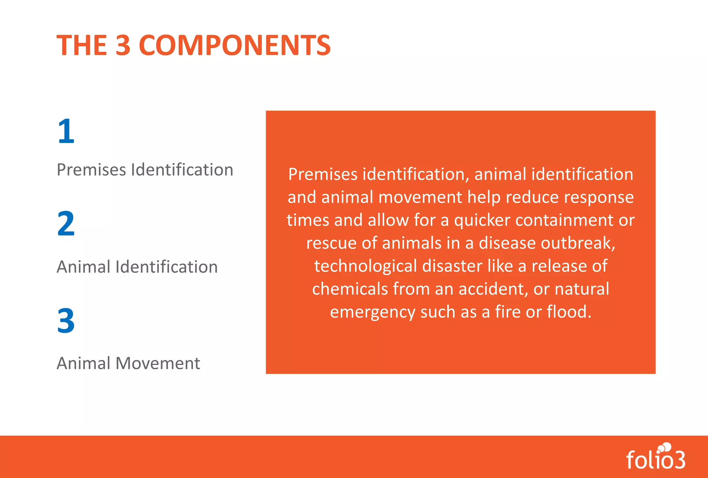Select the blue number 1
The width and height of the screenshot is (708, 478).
coord(66,131)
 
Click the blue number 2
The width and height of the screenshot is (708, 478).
coord(66,223)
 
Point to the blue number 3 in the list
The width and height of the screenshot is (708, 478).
coord(66,321)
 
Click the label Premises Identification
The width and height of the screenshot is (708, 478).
coord(145,170)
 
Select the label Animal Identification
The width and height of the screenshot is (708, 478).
coord(137,267)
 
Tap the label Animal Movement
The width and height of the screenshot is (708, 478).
coord(128,363)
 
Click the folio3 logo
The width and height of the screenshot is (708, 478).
coord(656,457)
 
